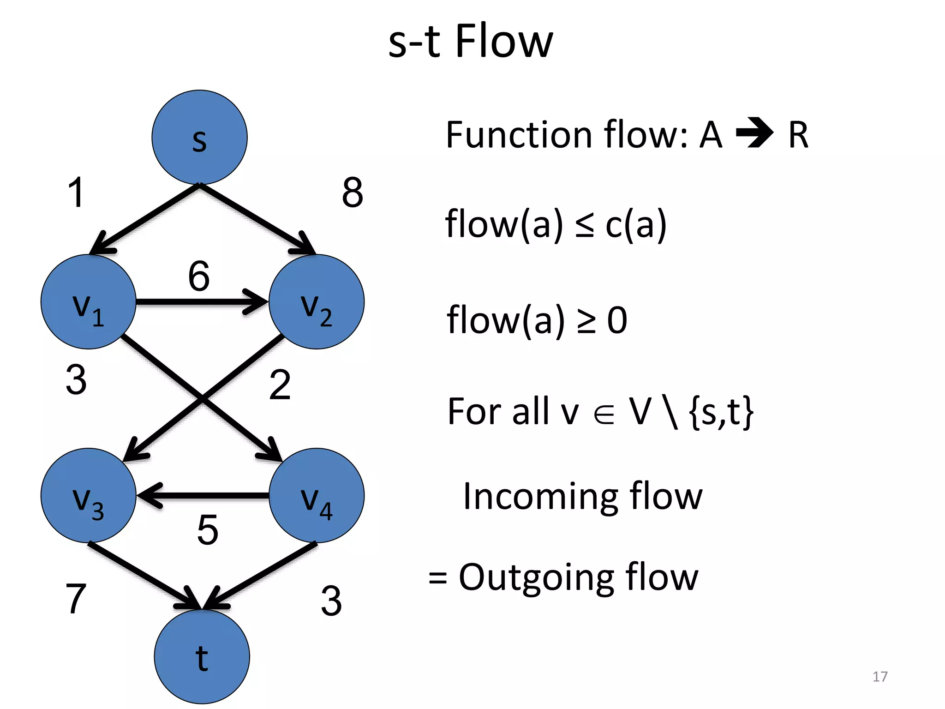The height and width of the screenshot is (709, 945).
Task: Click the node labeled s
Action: tap(199, 137)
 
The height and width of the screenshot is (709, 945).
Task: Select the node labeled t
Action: tap(202, 656)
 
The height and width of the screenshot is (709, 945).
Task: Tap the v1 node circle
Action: tap(88, 302)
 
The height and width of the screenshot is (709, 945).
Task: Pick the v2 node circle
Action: tap(317, 302)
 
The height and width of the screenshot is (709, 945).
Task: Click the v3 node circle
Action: tap(88, 495)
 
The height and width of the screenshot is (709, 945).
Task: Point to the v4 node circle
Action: tap(317, 495)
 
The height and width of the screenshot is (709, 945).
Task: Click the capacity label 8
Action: tap(353, 192)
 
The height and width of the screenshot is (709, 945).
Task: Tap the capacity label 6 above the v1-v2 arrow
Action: tap(199, 276)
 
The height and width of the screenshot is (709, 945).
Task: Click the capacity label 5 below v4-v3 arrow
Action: tap(207, 530)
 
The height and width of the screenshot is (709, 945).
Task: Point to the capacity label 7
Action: tap(76, 599)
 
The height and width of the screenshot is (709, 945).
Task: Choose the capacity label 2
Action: tap(280, 385)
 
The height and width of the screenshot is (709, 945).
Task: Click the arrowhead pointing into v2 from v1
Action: tap(257, 302)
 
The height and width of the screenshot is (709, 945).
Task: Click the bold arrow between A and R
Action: tap(754, 134)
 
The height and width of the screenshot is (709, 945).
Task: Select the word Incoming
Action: tap(540, 497)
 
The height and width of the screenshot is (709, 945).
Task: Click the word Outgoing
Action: tap(536, 577)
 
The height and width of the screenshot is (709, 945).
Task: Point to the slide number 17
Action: tap(880, 677)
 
